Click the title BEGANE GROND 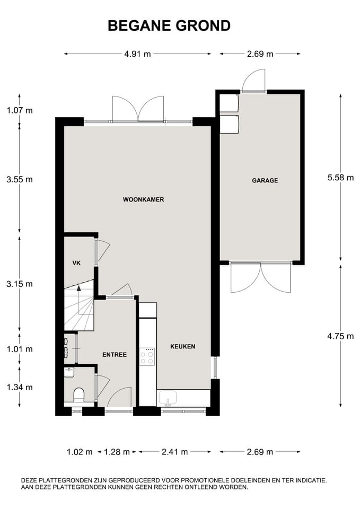pyautogui.click(x=169, y=25)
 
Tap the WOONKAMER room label pyautogui.click(x=143, y=200)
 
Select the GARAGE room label pyautogui.click(x=265, y=180)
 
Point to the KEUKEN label pyautogui.click(x=182, y=347)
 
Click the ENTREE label pyautogui.click(x=115, y=355)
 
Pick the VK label pyautogui.click(x=76, y=263)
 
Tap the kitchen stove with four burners pyautogui.click(x=147, y=356)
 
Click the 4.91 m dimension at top pyautogui.click(x=137, y=54)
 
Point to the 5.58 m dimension pyautogui.click(x=340, y=178)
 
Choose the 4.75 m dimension pyautogui.click(x=340, y=335)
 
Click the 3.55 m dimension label pyautogui.click(x=20, y=179)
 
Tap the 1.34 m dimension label pyautogui.click(x=20, y=387)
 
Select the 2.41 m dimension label pyautogui.click(x=174, y=452)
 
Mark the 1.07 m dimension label pyautogui.click(x=20, y=110)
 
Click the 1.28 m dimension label pyautogui.click(x=117, y=452)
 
